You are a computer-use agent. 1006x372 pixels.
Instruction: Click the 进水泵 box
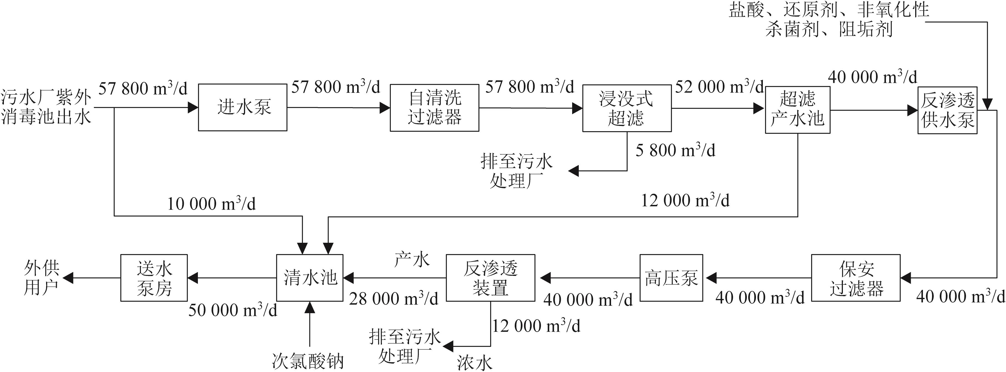click(x=243, y=107)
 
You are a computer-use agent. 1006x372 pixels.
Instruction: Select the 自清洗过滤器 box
click(x=434, y=107)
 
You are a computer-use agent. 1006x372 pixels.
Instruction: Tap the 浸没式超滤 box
click(x=627, y=108)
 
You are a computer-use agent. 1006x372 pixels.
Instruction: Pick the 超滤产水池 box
click(x=797, y=110)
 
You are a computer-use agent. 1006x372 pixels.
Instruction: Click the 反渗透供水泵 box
click(x=947, y=110)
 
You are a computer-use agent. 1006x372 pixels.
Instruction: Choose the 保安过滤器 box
click(x=856, y=278)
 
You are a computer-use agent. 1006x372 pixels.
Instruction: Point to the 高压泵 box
click(x=671, y=278)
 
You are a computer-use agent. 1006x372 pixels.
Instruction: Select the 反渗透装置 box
click(x=490, y=278)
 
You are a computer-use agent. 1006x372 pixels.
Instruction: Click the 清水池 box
click(x=310, y=278)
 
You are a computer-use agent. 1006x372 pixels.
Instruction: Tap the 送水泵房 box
click(x=154, y=278)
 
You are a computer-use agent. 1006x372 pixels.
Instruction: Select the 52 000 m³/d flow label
click(x=719, y=87)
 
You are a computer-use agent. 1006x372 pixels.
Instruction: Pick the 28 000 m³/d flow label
click(x=394, y=299)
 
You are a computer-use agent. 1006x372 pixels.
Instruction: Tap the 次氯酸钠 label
click(x=308, y=361)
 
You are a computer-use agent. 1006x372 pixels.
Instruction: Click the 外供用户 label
click(x=41, y=278)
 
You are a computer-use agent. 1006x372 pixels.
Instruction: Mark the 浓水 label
click(x=474, y=363)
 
